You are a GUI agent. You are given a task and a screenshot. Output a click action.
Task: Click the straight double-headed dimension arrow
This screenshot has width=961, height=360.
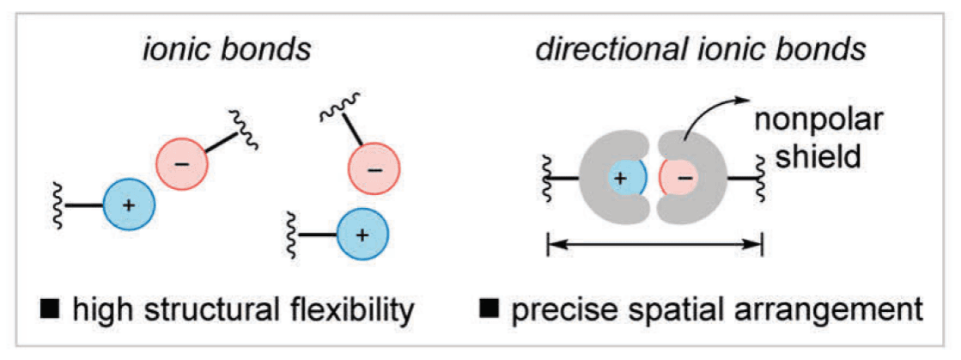655,246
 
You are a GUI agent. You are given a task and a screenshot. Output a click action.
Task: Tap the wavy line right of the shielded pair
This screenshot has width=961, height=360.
759,178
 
